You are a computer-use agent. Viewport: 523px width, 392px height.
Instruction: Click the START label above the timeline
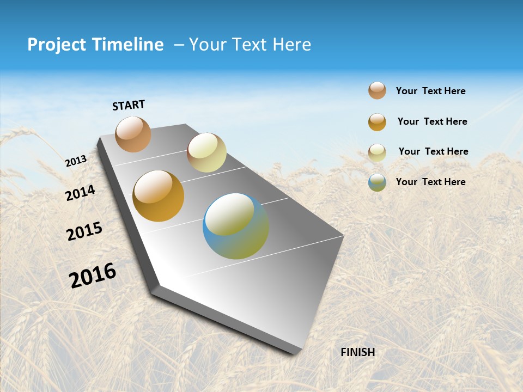point(129,105)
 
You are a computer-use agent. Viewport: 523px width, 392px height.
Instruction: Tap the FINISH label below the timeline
point(358,352)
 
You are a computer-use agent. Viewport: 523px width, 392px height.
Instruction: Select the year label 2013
point(76,161)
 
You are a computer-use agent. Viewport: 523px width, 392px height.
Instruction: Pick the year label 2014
point(81,193)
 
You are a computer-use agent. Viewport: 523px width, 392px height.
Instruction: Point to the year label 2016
point(93,275)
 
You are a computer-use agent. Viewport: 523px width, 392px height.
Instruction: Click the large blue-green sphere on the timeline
point(236,226)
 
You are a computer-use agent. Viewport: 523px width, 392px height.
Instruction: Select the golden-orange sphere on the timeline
point(159,196)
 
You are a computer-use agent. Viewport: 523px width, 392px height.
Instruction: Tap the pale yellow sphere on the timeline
point(206,152)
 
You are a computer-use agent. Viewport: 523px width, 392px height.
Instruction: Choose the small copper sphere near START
point(133,134)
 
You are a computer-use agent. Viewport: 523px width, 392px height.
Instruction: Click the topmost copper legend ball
point(377,90)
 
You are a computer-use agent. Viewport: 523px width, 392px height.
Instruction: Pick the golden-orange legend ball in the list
point(377,122)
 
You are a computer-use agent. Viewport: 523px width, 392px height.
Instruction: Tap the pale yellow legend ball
point(377,152)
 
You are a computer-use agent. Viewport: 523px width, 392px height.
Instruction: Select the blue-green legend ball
point(377,182)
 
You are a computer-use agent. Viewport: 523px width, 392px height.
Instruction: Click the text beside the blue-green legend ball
point(430,182)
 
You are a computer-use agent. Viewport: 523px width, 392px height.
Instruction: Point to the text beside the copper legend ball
point(430,91)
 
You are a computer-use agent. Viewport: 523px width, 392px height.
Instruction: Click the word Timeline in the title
point(128,45)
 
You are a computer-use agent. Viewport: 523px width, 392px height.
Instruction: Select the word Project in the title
point(57,45)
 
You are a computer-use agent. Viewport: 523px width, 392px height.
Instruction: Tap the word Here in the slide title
point(291,45)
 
